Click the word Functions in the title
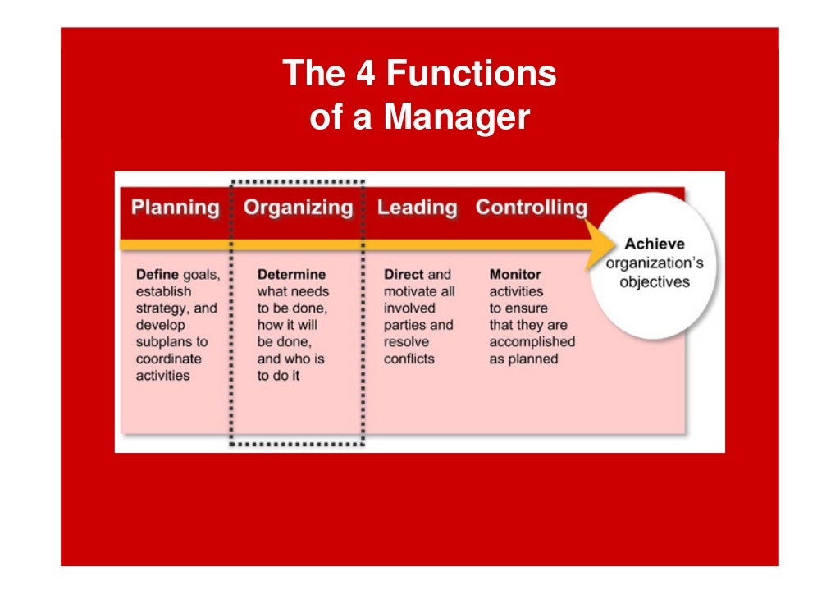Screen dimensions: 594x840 click(472, 74)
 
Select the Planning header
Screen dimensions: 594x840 click(176, 208)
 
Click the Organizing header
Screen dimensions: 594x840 click(299, 208)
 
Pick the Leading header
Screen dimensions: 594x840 click(417, 208)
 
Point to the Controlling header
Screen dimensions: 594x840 click(532, 208)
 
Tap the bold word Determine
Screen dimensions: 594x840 click(291, 275)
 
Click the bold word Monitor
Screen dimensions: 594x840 click(515, 275)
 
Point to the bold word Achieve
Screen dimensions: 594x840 click(654, 244)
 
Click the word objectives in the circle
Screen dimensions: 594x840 click(654, 282)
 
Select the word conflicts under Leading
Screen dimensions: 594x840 click(409, 359)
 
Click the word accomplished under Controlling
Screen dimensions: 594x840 click(532, 342)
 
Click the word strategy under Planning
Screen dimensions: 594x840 click(162, 308)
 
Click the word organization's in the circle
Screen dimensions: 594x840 click(654, 263)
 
